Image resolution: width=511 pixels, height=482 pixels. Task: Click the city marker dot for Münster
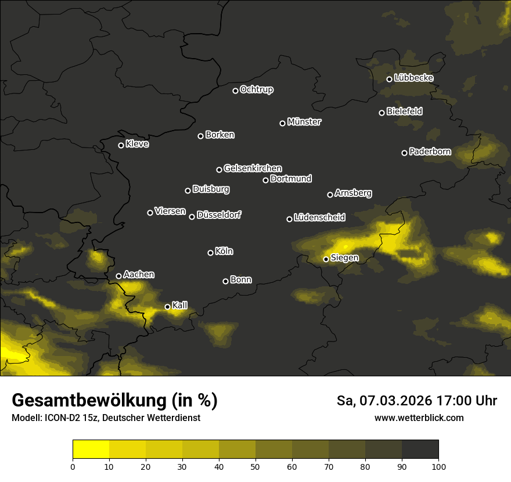tap(283, 123)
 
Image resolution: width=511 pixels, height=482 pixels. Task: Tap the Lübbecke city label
tap(413, 78)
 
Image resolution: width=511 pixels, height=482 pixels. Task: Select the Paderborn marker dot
tap(405, 153)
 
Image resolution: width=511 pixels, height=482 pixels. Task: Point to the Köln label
tap(224, 251)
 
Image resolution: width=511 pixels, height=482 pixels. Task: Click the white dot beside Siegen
tap(326, 259)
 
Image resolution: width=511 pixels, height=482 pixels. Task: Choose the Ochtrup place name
tap(257, 89)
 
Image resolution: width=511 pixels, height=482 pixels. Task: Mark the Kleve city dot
tap(121, 145)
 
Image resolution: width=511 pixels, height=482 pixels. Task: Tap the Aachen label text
tap(139, 275)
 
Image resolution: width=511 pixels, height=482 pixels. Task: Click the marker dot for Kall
tap(168, 307)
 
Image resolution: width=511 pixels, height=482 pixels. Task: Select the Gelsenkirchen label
tap(253, 168)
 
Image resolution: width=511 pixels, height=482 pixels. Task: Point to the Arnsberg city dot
tap(330, 195)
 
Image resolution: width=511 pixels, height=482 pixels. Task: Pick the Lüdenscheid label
tap(319, 218)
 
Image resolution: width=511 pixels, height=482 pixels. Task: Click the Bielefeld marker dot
tap(382, 113)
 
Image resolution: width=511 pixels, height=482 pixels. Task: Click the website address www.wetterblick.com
tap(419, 418)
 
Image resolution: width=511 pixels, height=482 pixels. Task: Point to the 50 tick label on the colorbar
tap(255, 466)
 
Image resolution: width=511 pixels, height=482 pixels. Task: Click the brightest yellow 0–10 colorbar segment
tap(91, 449)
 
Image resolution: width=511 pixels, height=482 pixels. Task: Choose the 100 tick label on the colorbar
tap(438, 466)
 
